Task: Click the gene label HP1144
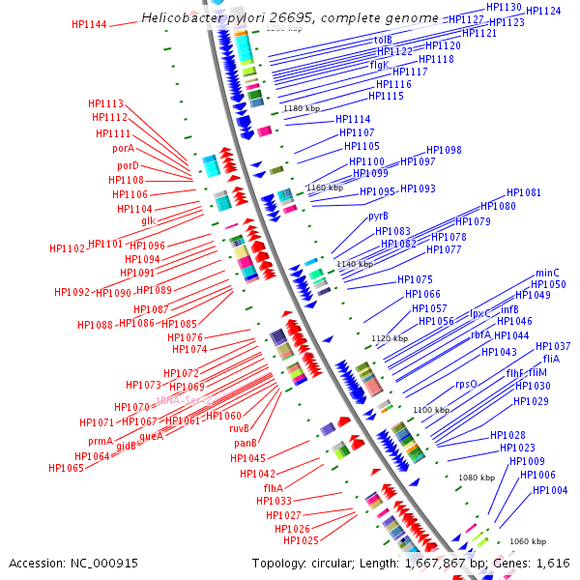[x=89, y=24]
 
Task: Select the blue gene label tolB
[x=383, y=40]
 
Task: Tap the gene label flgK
[x=379, y=65]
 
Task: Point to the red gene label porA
[x=123, y=149]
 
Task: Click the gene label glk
[x=148, y=220]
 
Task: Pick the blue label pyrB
[x=378, y=217]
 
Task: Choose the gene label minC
[x=548, y=273]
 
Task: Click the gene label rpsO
[x=466, y=384]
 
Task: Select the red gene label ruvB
[x=240, y=428]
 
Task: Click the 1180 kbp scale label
[x=301, y=108]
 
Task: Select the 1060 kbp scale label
[x=528, y=541]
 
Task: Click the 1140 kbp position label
[x=353, y=263]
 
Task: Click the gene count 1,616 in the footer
[x=553, y=563]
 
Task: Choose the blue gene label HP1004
[x=550, y=490]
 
